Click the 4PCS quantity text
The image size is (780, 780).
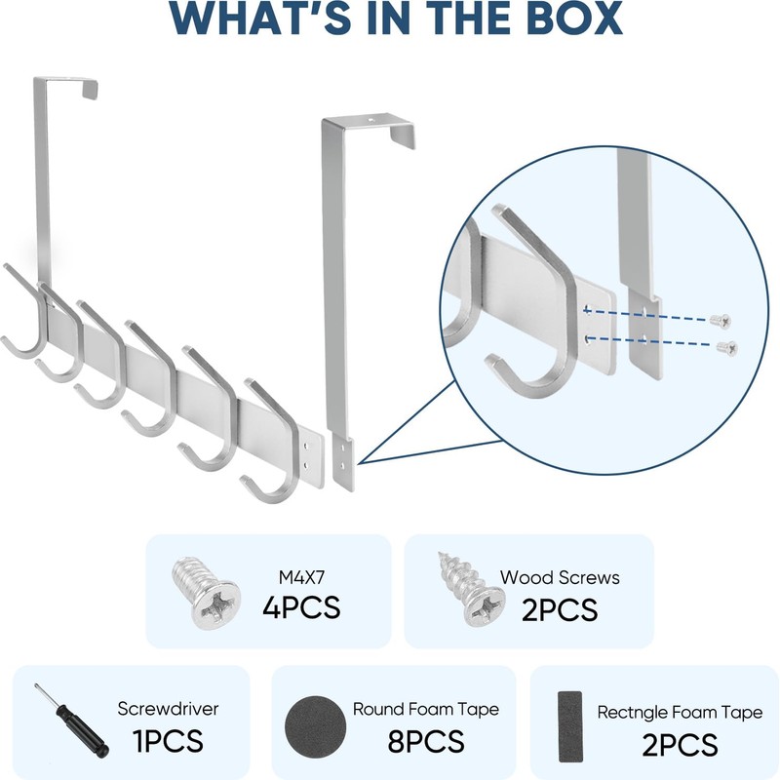tap(301, 608)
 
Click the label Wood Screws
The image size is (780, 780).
tap(560, 577)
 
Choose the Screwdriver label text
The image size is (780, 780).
tap(168, 709)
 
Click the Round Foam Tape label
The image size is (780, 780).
tap(425, 709)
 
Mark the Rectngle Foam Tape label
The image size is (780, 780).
tap(680, 713)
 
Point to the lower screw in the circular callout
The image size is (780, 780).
tap(726, 347)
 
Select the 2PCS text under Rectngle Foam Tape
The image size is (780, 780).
tap(680, 745)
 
